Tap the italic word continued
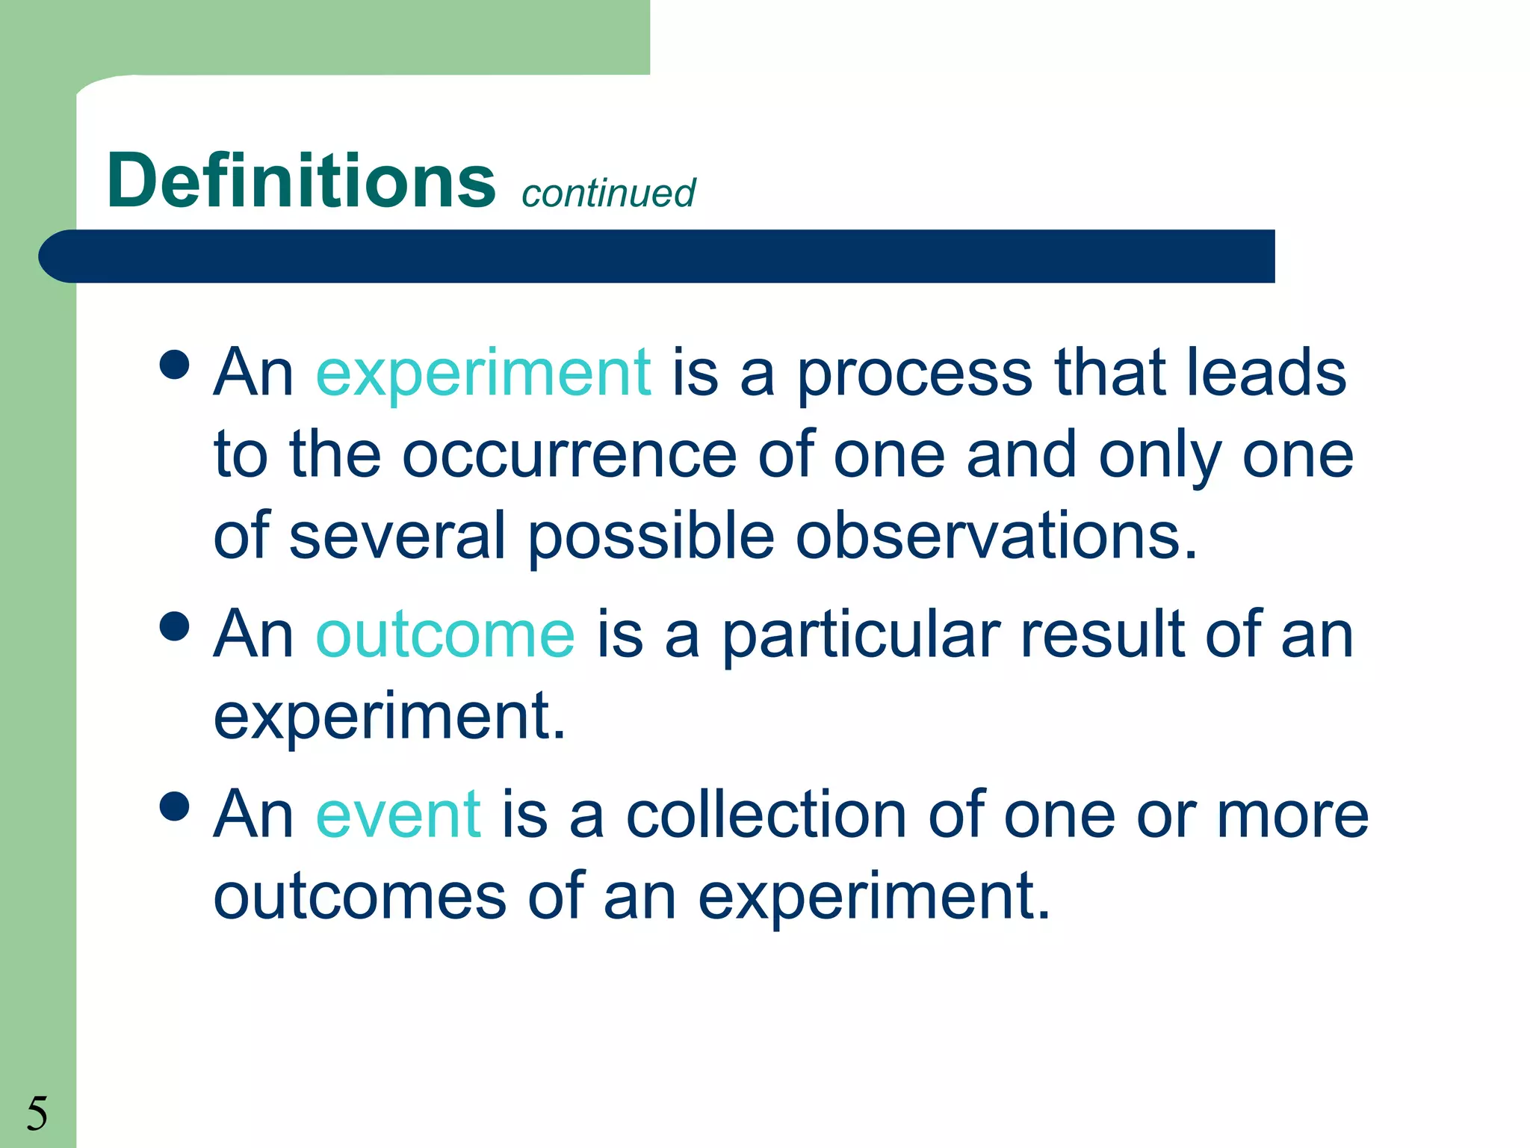pos(608,193)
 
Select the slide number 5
pos(37,1113)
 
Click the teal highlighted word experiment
pos(483,373)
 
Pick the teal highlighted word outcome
pos(445,635)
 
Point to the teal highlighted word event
pos(398,814)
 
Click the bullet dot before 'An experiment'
pos(175,365)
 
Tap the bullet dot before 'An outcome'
pos(175,626)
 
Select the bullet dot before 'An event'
pos(175,806)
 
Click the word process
pos(915,373)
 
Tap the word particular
pos(861,635)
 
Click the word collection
pos(766,814)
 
